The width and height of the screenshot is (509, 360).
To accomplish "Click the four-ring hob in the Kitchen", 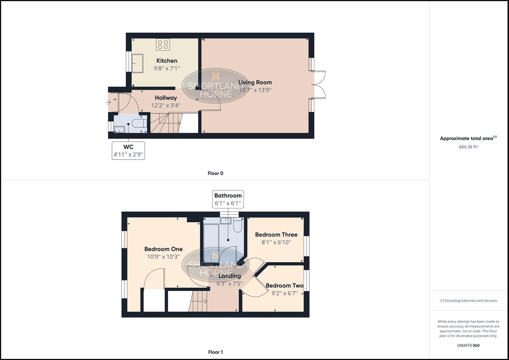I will (163, 45).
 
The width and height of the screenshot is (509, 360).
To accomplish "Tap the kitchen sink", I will (137, 63).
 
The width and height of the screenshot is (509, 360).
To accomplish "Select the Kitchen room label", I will (167, 61).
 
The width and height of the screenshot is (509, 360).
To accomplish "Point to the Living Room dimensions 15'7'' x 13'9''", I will (255, 90).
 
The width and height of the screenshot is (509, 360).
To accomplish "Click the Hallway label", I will (166, 98).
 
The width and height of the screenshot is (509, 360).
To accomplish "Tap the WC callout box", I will (128, 150).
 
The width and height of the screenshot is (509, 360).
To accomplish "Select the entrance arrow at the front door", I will (108, 102).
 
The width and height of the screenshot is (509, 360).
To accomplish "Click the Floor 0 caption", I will (215, 173).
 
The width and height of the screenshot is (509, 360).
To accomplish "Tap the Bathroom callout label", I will (228, 199).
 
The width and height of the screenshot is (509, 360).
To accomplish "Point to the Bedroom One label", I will (163, 249).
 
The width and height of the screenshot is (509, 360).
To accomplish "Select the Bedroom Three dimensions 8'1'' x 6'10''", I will (276, 242).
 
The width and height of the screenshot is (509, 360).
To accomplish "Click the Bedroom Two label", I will (284, 286).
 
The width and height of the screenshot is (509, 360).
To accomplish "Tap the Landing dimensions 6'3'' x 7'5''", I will (230, 284).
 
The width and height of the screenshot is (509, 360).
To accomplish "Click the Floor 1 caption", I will (215, 352).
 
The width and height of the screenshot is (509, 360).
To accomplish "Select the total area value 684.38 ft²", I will (468, 147).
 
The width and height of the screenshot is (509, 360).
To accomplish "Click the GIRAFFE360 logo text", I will (468, 345).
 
